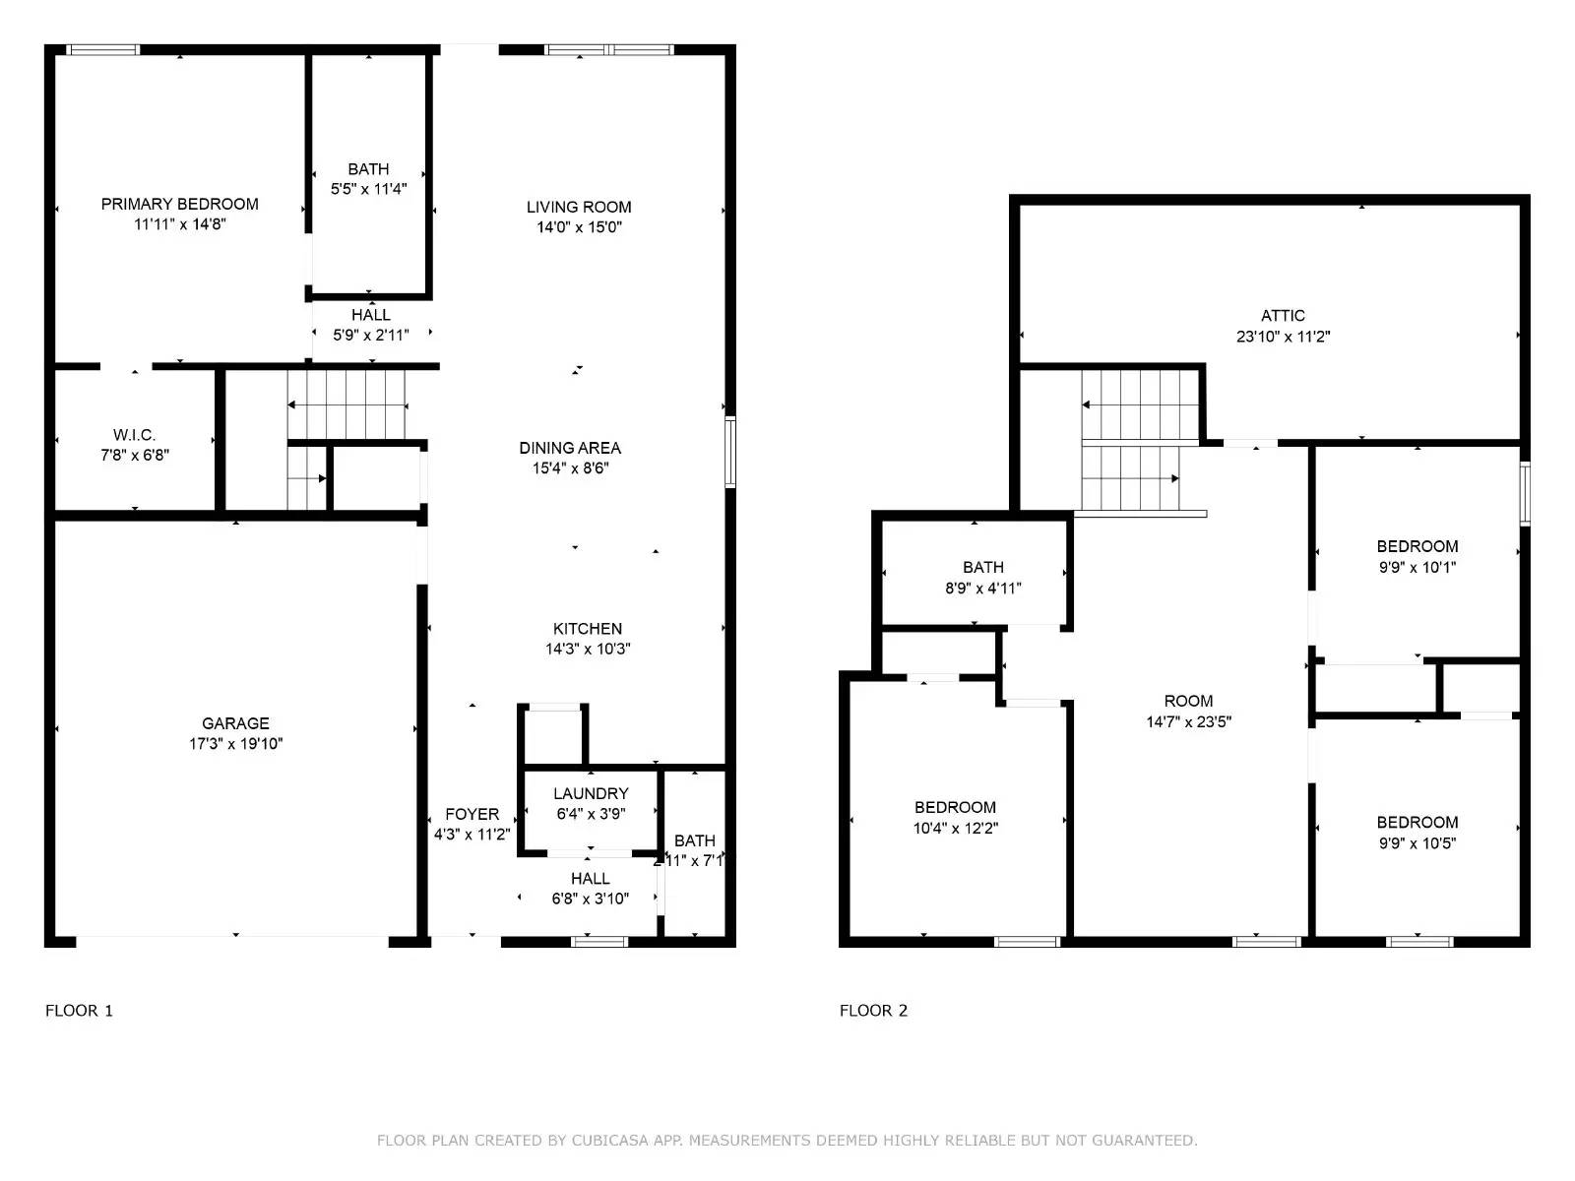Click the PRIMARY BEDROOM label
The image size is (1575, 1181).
[x=180, y=204]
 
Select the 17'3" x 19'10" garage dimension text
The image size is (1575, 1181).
[x=235, y=744]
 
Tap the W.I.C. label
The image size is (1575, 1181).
[x=134, y=435]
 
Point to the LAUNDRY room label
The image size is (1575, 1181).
[x=591, y=793]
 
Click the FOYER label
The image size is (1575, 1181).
[x=472, y=814]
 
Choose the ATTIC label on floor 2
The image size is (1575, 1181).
[x=1283, y=316]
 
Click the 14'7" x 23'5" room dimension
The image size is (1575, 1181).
[x=1188, y=721]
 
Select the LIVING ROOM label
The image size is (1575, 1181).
[x=579, y=207]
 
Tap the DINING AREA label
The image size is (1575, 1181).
[x=570, y=448]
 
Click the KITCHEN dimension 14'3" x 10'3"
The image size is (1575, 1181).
[x=588, y=649]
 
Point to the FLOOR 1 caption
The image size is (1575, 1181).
[x=79, y=1011]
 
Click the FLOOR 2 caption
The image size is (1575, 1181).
[x=873, y=1011]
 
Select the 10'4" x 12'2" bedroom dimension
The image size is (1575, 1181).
[x=955, y=828]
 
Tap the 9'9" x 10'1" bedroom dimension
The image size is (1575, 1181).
[x=1417, y=567]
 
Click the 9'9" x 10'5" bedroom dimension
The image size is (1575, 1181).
[x=1417, y=842]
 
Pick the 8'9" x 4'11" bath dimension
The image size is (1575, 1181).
[x=982, y=589]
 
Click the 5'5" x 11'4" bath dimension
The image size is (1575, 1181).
[x=368, y=189]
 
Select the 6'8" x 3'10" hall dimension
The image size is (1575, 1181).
[x=590, y=898]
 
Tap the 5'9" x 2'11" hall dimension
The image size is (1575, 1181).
[x=370, y=335]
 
